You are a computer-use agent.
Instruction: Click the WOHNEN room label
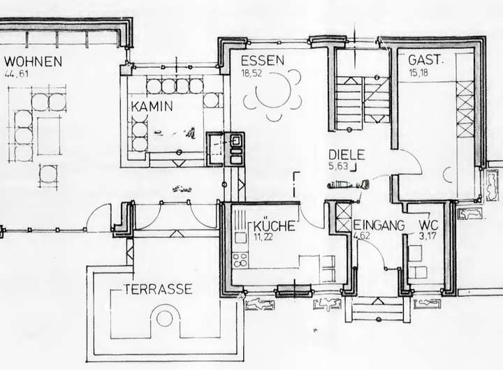coord(33,61)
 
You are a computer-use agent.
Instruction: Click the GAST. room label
coord(425,61)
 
